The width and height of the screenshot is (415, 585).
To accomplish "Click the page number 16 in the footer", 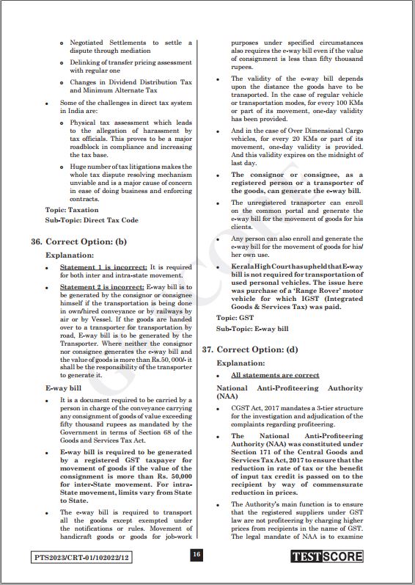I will pyautogui.click(x=197, y=556).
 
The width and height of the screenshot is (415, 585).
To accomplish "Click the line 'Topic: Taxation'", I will pyautogui.click(x=72, y=209).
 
